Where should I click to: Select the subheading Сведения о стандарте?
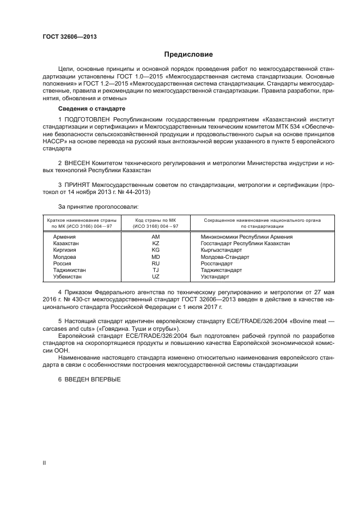[x=84, y=109]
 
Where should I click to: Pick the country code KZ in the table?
[x=156, y=244]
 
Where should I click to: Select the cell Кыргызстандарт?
[x=221, y=250]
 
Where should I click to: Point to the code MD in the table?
[x=156, y=257]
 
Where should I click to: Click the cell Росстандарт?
[x=216, y=263]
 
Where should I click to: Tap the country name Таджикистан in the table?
[x=69, y=270]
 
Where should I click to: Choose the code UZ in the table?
[x=156, y=276]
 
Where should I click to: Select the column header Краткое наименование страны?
[x=80, y=220]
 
